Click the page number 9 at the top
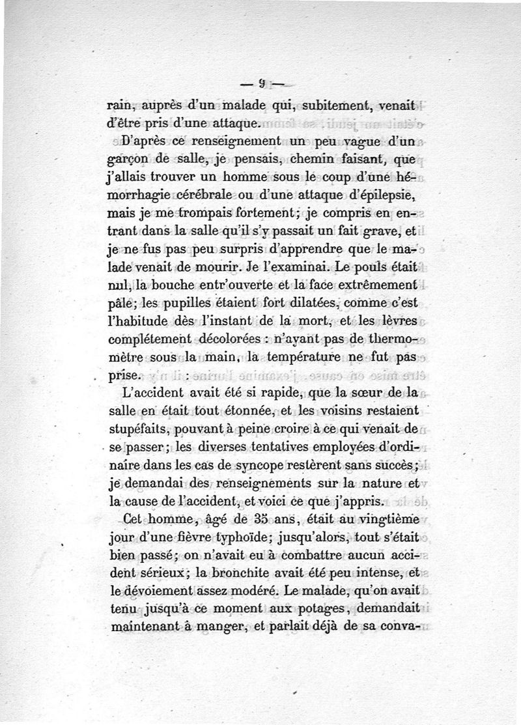260,83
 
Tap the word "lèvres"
399,320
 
